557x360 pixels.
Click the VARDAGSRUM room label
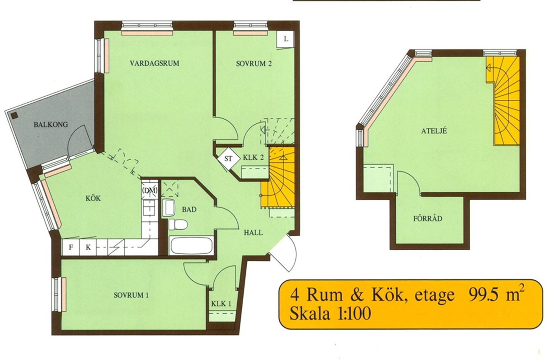pos(154,63)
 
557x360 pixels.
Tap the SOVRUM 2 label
pos(254,63)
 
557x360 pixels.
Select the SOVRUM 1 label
pos(131,295)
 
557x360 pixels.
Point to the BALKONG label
pos(51,125)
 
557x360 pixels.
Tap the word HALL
pos(253,233)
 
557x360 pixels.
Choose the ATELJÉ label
pos(434,130)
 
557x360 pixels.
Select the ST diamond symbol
pos(228,159)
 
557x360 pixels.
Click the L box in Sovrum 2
pos(286,39)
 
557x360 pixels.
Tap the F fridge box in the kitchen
pos(71,247)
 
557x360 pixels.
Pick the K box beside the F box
pos(88,247)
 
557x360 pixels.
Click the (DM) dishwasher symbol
pos(149,190)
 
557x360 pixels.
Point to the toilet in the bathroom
pos(177,225)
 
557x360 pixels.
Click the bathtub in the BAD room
pos(191,246)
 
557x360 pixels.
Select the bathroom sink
pos(169,208)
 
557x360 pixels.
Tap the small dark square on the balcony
pos(14,115)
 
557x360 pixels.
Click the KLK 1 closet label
pos(221,304)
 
